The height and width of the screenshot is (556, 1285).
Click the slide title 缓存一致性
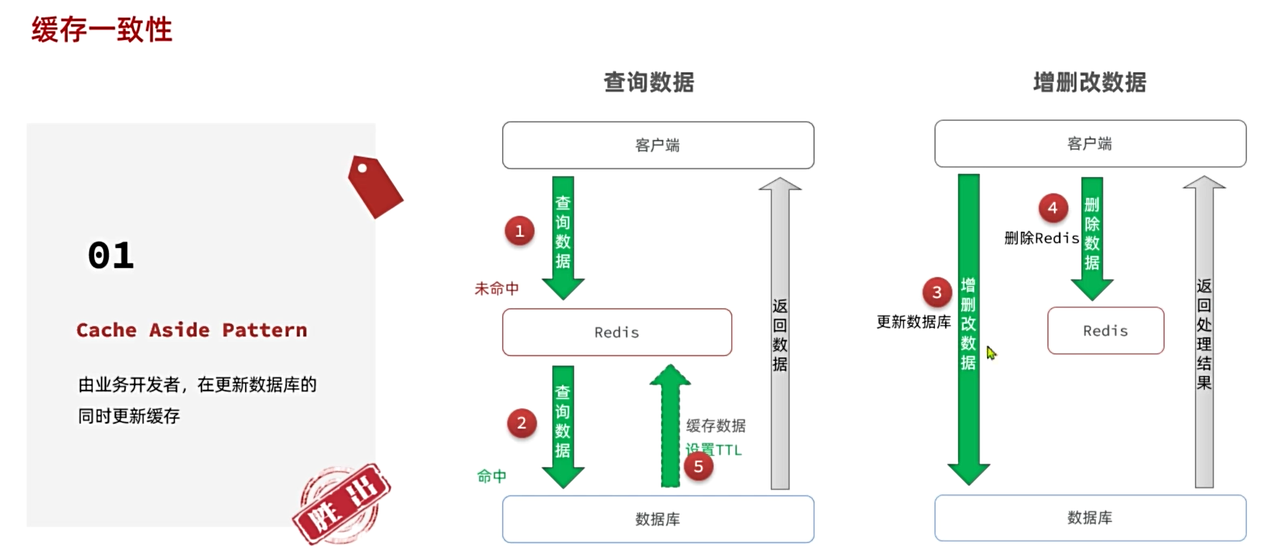coord(102,30)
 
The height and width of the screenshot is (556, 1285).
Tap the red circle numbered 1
coord(519,231)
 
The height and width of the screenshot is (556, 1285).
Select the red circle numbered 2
coord(521,423)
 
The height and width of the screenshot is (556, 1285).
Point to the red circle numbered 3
coord(936,292)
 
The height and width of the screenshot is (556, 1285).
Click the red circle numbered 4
coord(1052,208)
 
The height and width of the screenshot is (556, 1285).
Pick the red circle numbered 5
coord(698,466)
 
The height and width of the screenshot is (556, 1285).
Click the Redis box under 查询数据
coord(617,332)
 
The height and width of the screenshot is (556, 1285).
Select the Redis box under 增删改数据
coord(1105,330)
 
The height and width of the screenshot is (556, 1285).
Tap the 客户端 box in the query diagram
coord(658,145)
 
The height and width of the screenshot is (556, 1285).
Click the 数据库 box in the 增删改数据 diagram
coord(1089,518)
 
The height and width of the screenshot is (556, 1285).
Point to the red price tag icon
coord(374,186)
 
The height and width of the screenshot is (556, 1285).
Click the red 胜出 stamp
coord(342,504)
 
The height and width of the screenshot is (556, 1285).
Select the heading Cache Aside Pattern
coord(191,330)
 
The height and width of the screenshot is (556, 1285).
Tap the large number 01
coord(111,255)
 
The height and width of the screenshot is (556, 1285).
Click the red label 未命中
coord(497,288)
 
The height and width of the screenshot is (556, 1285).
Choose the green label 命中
coord(492,476)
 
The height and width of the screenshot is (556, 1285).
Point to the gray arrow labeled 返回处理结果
coord(1204,333)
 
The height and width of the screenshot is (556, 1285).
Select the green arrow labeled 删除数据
coord(1092,237)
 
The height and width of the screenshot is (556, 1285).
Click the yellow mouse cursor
coord(991,353)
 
